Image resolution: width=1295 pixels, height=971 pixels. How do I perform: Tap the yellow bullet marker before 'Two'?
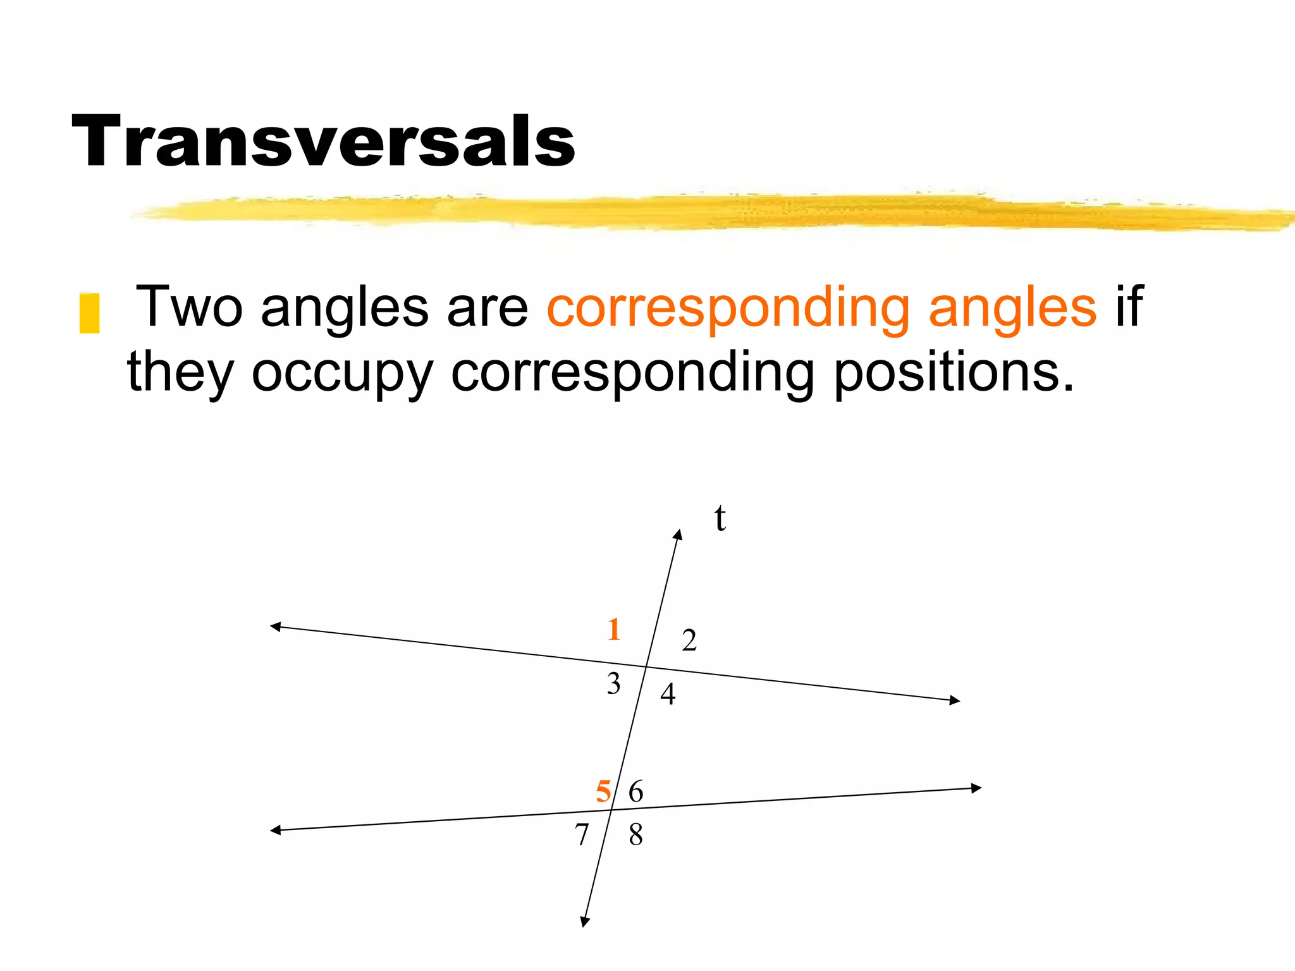coord(89,313)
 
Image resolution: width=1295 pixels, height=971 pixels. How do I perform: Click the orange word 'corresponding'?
coord(728,308)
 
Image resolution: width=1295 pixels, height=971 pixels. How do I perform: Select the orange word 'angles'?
coord(1012,308)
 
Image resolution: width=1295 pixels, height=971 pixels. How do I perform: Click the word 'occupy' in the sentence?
coord(342,373)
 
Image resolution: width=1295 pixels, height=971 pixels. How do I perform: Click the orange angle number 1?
coord(613,630)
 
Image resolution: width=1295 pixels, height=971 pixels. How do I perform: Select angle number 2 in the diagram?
coord(689,640)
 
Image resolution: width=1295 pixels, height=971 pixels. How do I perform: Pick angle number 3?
coord(613,684)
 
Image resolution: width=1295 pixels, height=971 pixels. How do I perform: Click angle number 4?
coord(668,694)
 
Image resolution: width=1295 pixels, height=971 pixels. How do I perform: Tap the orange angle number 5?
coord(604,791)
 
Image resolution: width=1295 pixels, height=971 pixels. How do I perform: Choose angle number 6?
coord(635,791)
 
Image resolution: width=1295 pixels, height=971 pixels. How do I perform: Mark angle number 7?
coord(582,834)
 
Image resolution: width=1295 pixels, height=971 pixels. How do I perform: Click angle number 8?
coord(635,834)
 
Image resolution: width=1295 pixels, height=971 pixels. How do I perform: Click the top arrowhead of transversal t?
coord(678,534)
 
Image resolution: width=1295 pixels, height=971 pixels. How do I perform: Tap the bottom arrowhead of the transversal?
coord(585,922)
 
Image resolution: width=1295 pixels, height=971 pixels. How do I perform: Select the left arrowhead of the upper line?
coord(275,626)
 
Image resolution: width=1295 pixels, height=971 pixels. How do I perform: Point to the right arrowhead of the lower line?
coord(976,788)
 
